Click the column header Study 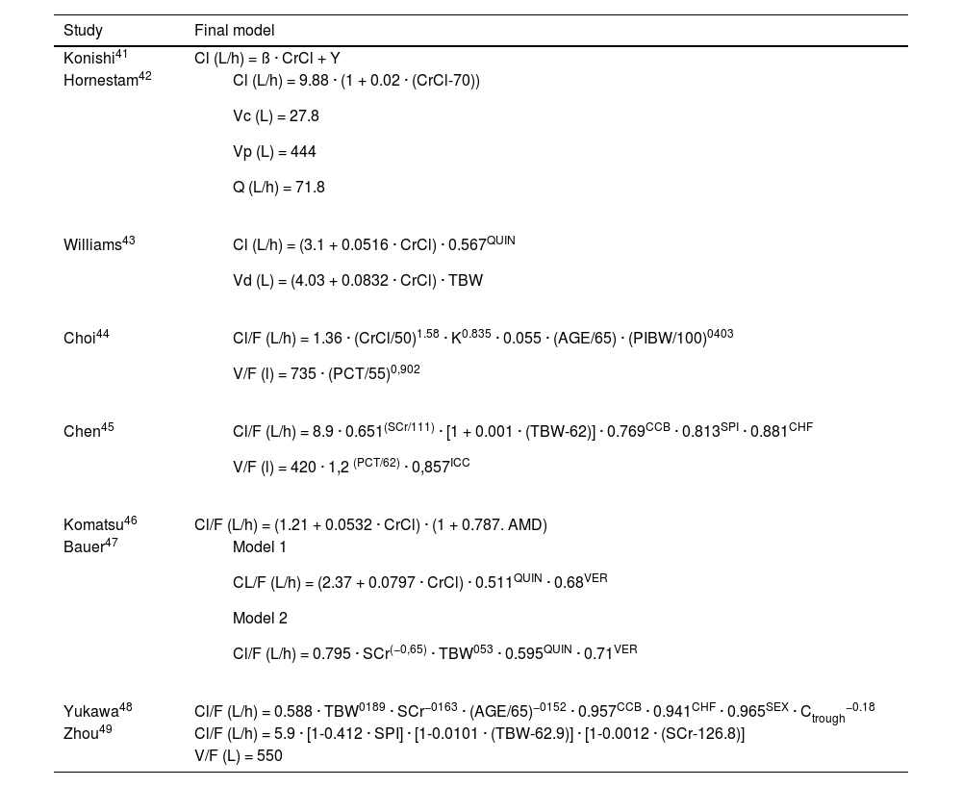tap(83, 31)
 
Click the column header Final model tap(234, 31)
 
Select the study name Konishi tap(89, 60)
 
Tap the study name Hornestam tap(101, 81)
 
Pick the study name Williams tap(92, 245)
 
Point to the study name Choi tap(80, 339)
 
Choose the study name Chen tap(82, 432)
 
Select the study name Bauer tap(84, 547)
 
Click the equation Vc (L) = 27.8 tap(275, 116)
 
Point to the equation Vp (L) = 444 tap(274, 152)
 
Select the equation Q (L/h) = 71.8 tap(278, 188)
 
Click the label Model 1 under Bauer tap(260, 547)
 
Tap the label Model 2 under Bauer tap(260, 619)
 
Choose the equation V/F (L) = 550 tap(238, 756)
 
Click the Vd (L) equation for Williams tap(357, 281)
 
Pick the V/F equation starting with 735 tap(326, 374)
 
